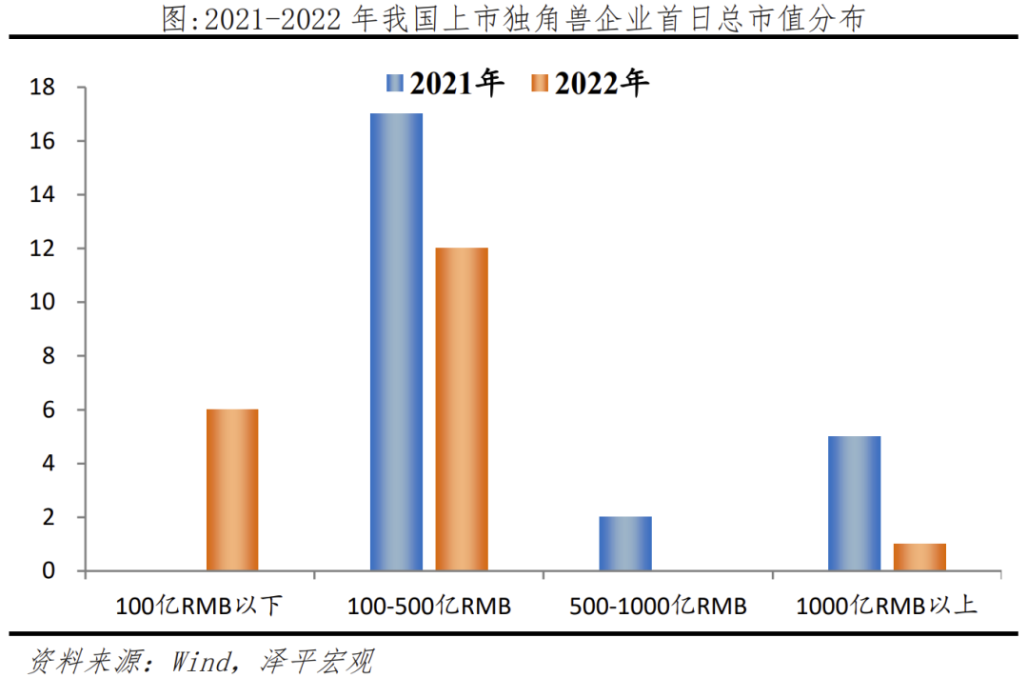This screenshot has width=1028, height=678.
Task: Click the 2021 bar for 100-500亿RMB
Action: point(396,343)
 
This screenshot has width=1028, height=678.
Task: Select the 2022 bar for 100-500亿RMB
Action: point(462,409)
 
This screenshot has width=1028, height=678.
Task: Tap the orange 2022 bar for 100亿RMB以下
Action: point(232,490)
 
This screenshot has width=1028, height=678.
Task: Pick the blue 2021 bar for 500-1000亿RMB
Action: point(625,544)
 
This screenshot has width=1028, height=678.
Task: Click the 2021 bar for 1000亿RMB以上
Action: point(854,504)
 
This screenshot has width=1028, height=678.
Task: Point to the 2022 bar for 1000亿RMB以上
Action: point(919,557)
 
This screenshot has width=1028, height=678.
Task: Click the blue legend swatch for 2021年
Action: point(395,84)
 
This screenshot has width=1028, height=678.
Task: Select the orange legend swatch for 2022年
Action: point(539,84)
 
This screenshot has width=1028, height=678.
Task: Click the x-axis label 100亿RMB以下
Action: point(200,606)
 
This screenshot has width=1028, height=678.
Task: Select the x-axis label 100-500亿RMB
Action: point(428,606)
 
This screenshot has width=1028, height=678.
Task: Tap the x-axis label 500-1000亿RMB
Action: point(658,606)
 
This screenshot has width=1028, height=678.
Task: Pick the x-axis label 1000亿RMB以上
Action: point(886,606)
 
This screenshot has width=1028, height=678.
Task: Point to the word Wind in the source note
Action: point(200,660)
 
